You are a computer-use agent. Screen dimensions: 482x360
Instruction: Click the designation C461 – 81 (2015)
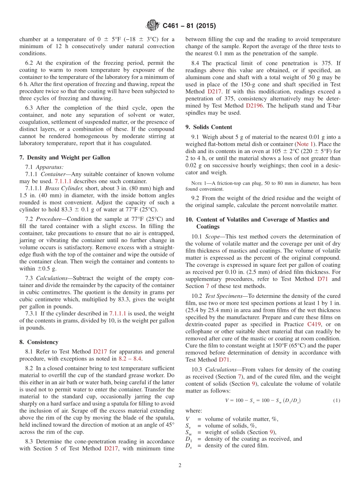pos(189,26)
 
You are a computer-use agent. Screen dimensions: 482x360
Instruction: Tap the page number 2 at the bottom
pos(180,465)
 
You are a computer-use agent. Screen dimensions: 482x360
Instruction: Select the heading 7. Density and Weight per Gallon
pos(64,158)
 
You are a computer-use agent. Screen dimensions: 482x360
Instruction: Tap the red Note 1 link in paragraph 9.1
pos(305,144)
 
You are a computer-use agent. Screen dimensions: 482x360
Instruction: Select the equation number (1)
pos(337,401)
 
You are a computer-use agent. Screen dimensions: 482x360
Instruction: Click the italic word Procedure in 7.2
pos(54,219)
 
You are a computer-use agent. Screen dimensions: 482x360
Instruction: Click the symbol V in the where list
pos(188,419)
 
